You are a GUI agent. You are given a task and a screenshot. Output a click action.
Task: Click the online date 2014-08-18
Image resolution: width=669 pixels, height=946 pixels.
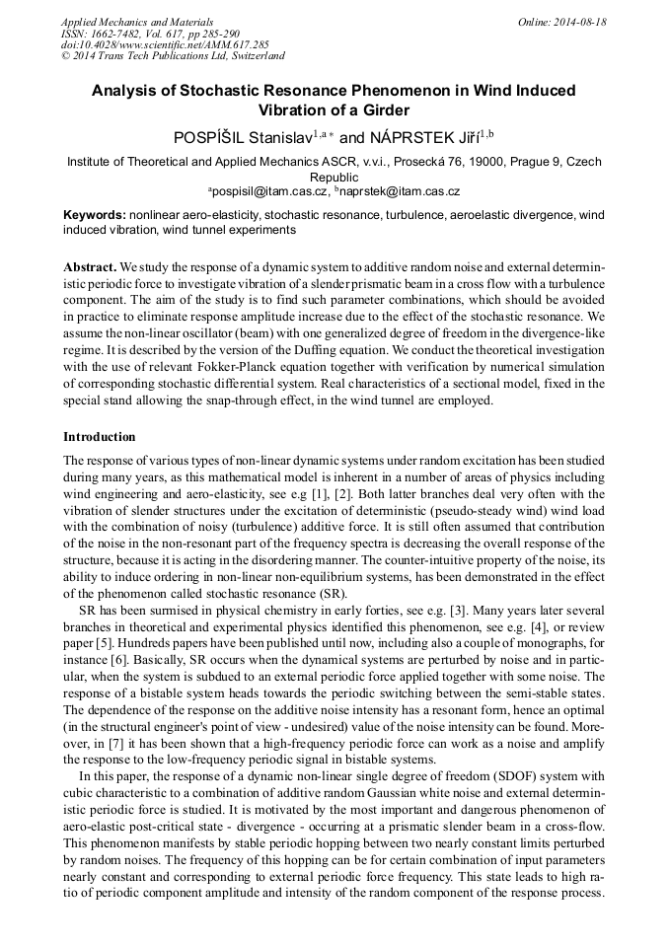click(x=579, y=22)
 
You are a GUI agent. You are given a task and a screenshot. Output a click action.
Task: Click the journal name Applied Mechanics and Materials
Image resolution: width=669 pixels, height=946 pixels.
click(x=123, y=22)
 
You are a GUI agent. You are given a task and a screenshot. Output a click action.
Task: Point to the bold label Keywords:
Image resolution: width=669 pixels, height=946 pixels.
click(x=94, y=215)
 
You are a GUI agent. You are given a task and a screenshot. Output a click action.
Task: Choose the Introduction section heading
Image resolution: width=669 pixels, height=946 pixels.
click(x=100, y=437)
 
